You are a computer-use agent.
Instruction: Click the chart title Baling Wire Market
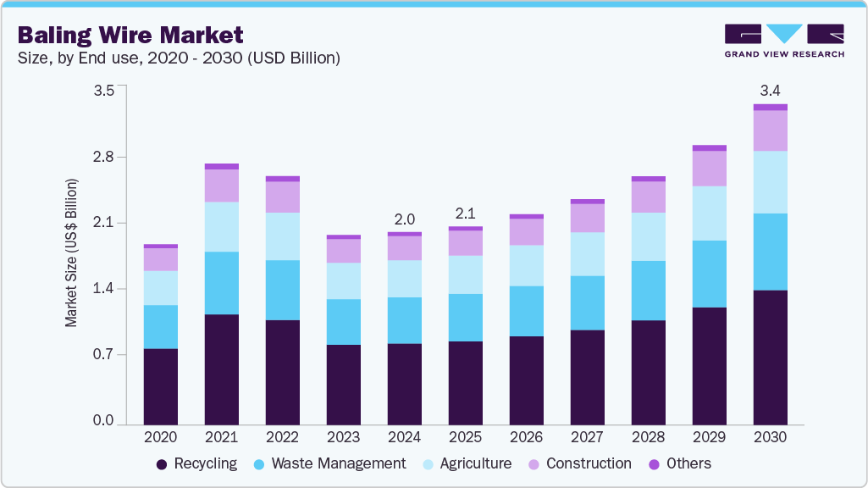(x=130, y=35)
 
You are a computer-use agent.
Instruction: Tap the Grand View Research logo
(x=784, y=41)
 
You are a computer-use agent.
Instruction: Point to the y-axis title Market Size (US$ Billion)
(x=72, y=253)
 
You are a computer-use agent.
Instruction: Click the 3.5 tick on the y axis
(x=103, y=91)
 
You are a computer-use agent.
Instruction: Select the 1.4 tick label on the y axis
(x=103, y=289)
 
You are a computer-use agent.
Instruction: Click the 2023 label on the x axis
(x=343, y=438)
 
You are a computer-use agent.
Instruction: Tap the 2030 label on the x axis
(x=770, y=438)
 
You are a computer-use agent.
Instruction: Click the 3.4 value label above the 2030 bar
(x=770, y=90)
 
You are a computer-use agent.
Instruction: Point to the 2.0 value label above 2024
(x=404, y=219)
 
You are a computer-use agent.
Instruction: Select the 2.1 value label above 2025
(x=465, y=213)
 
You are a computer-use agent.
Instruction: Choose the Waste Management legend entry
(x=330, y=463)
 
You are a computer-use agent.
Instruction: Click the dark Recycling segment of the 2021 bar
(x=221, y=369)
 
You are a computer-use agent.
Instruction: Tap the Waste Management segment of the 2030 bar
(x=770, y=252)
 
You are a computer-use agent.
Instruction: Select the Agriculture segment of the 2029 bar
(x=709, y=213)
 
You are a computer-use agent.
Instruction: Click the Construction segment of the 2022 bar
(x=282, y=197)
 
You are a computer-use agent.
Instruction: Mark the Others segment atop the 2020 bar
(x=160, y=246)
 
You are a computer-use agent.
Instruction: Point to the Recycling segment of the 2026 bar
(x=526, y=380)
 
